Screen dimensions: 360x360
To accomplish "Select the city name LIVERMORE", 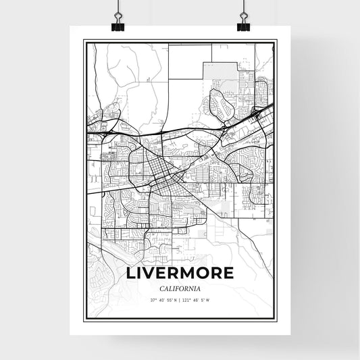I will click(180, 274).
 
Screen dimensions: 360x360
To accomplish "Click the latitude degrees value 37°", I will click(153, 300).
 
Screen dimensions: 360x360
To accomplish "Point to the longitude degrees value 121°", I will click(188, 300).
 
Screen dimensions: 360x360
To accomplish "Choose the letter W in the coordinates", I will click(209, 300).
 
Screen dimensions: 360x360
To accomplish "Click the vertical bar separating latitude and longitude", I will click(180, 300).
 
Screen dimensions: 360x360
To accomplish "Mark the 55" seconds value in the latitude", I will click(169, 300).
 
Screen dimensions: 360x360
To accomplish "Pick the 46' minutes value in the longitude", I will click(196, 300).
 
